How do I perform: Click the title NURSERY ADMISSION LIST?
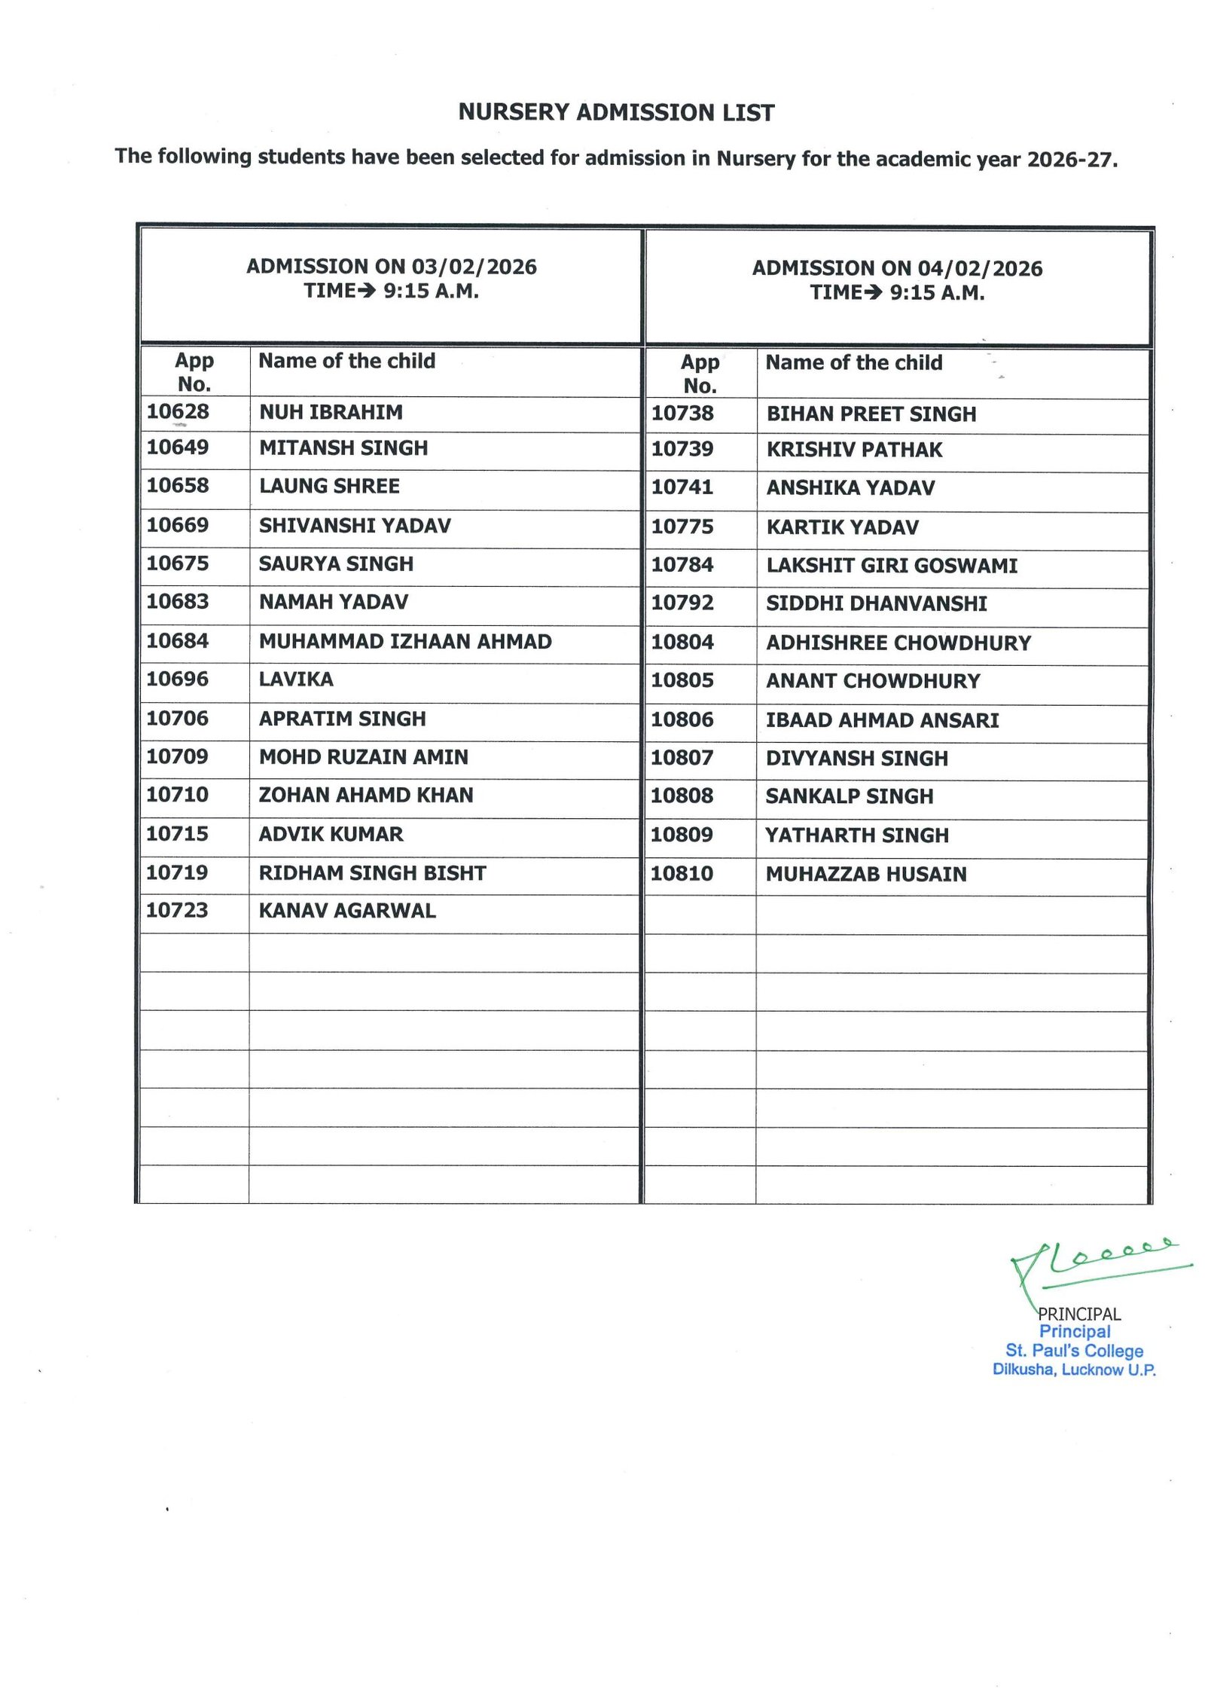(x=616, y=113)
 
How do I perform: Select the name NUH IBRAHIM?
(x=331, y=412)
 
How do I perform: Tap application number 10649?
(x=178, y=447)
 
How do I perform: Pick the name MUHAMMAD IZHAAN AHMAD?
(x=405, y=641)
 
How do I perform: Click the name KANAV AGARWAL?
(x=347, y=911)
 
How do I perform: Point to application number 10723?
(x=177, y=910)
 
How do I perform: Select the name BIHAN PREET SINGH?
(x=871, y=414)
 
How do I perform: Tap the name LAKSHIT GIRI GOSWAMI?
(x=892, y=566)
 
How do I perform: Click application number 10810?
(x=682, y=874)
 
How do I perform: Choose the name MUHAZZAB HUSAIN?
(x=866, y=874)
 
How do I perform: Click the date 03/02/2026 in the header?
(x=474, y=267)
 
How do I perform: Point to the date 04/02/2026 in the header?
(x=980, y=269)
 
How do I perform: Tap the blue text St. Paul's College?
(x=1074, y=1351)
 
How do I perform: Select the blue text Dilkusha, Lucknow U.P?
(x=1074, y=1370)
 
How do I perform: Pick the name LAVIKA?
(x=296, y=679)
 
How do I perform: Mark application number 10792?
(x=682, y=603)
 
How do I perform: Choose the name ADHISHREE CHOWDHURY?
(x=898, y=643)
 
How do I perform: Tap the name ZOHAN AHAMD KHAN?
(x=366, y=796)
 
